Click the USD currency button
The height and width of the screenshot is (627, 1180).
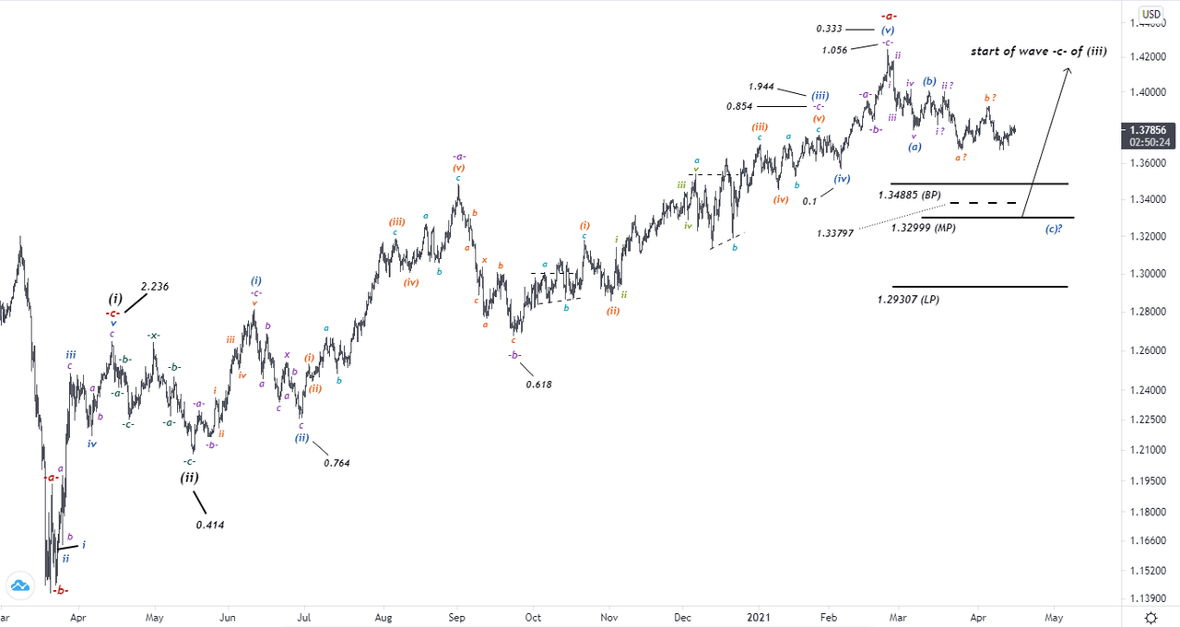[1150, 14]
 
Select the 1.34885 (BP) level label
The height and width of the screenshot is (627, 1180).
[909, 195]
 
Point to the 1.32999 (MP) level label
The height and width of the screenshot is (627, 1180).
[923, 227]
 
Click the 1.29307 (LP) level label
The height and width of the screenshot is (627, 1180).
[909, 299]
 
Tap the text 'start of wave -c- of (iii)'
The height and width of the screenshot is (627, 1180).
[1039, 51]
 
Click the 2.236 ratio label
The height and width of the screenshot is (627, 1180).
[155, 287]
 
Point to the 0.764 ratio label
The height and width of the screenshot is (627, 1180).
[336, 463]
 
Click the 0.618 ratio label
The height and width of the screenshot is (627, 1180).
[538, 384]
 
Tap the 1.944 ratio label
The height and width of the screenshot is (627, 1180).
[761, 86]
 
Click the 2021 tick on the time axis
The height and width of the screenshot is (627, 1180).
[759, 616]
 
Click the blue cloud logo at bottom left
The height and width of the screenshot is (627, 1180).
[18, 586]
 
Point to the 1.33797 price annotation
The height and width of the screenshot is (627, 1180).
[834, 233]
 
